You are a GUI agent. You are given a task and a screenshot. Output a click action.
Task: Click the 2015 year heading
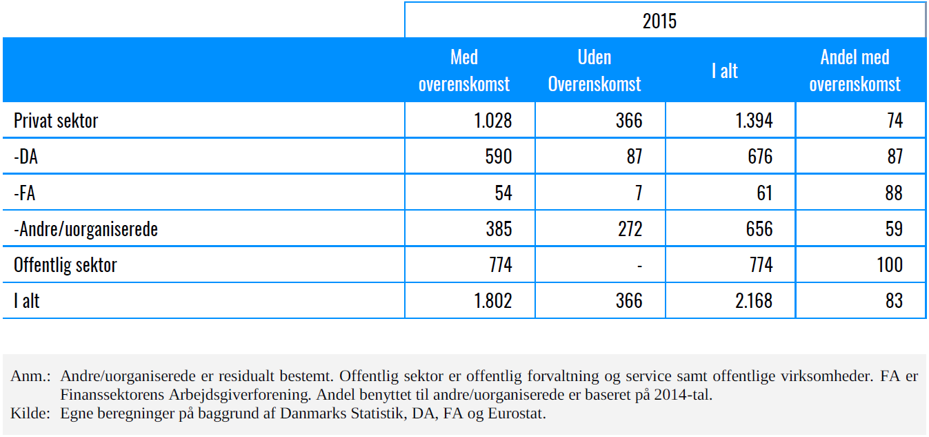pos(659,21)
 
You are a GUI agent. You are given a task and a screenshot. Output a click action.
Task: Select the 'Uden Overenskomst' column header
pos(595,70)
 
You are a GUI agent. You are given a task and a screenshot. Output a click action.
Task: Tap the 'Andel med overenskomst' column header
pos(855,70)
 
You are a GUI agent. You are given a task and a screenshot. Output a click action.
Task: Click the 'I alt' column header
pos(725,70)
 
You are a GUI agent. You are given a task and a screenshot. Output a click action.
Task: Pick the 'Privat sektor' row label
pos(56,121)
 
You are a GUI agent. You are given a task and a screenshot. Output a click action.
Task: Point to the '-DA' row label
pos(26,157)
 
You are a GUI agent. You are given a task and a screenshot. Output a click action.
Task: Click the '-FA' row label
pos(24,193)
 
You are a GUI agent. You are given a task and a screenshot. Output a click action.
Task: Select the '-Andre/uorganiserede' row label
pos(86,229)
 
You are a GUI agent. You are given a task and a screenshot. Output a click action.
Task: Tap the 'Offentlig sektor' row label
pos(65,265)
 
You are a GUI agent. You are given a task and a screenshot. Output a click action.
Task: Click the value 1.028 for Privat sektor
pos(492,121)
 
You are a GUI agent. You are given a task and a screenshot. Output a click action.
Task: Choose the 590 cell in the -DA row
pos(499,157)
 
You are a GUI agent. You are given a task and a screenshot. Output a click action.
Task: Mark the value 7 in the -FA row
pos(639,193)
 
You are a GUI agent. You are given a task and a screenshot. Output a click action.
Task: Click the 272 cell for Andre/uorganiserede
pos(630,229)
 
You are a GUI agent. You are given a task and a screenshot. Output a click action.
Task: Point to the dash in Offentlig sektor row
pos(639,266)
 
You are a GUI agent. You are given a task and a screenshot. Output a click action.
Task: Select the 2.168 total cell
pos(754,301)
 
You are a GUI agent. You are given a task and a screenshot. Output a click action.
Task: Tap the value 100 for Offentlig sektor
pos(890,265)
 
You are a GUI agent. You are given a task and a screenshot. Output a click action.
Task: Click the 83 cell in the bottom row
pos(894,301)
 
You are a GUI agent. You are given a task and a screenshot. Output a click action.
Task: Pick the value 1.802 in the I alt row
pos(492,301)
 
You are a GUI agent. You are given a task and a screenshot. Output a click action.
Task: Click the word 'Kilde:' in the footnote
pos(30,414)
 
